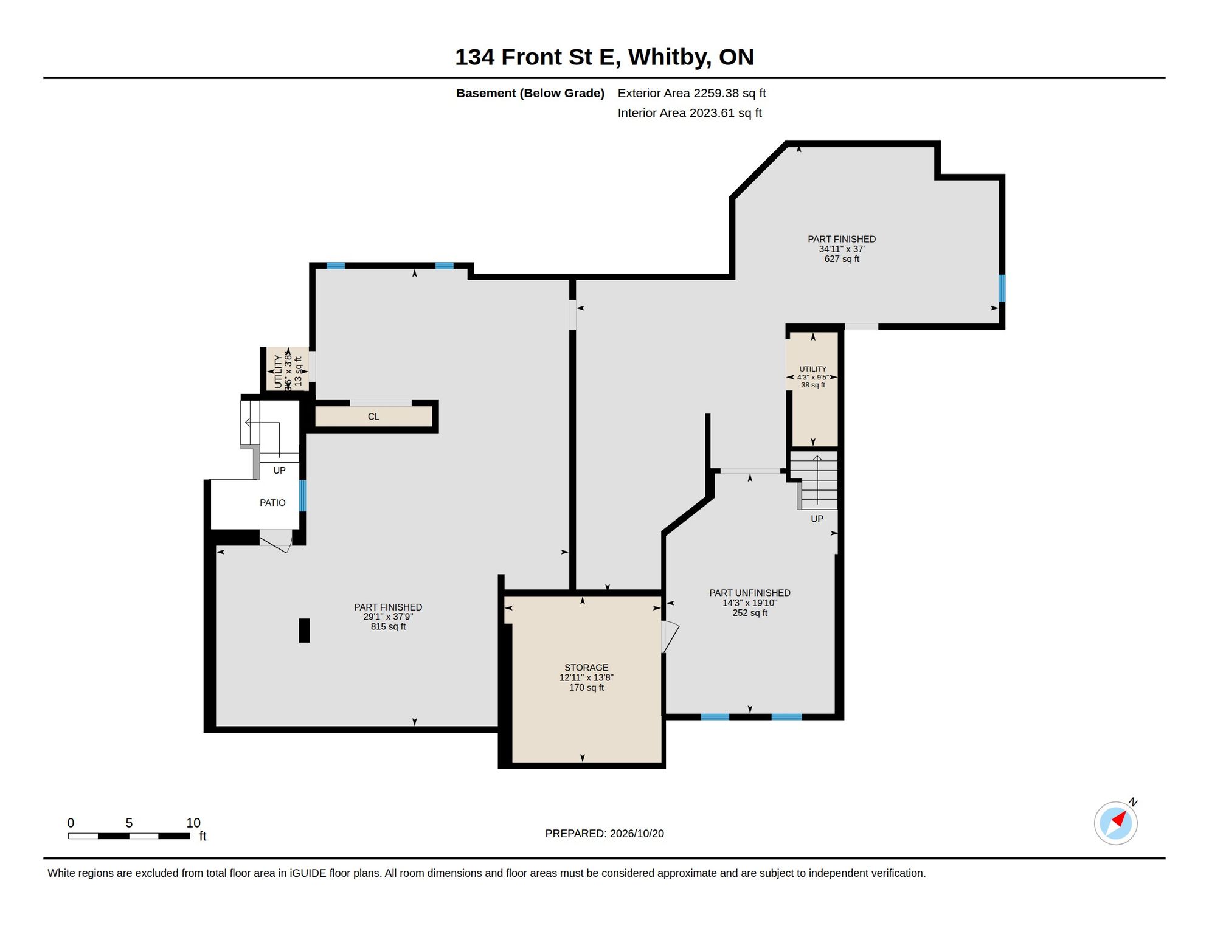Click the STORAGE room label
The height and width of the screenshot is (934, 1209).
click(x=586, y=668)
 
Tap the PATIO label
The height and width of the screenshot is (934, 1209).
click(x=272, y=503)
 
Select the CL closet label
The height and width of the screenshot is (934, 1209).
click(x=373, y=417)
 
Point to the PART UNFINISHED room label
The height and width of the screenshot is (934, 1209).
click(x=750, y=593)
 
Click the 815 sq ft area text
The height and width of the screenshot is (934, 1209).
click(x=388, y=627)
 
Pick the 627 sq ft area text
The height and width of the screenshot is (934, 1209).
click(x=842, y=259)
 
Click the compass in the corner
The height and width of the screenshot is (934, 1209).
click(x=1116, y=823)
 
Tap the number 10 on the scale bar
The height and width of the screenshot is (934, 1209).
click(x=193, y=823)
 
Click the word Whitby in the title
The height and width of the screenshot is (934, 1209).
click(x=670, y=57)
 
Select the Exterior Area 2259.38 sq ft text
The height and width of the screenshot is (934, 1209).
click(x=691, y=93)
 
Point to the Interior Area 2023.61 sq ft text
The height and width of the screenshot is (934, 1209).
click(x=690, y=113)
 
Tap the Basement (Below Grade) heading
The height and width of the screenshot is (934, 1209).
click(x=530, y=93)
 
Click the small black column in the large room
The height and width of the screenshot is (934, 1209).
click(x=304, y=631)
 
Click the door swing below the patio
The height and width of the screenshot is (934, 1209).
click(x=276, y=542)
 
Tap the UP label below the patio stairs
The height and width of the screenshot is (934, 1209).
click(x=279, y=471)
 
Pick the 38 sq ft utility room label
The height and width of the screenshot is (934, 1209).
click(x=813, y=386)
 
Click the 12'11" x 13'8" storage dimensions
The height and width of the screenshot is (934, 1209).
click(x=586, y=678)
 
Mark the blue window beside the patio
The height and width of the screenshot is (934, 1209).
click(x=302, y=496)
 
